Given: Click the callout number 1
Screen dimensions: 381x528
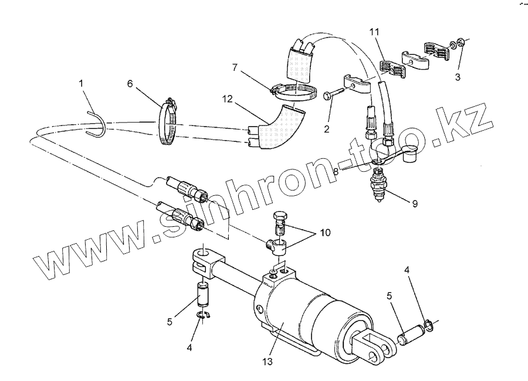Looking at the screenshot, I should pyautogui.click(x=82, y=84).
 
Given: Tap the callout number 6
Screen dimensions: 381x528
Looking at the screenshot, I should pyautogui.click(x=130, y=84).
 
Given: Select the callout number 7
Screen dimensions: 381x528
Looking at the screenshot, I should pyautogui.click(x=235, y=69).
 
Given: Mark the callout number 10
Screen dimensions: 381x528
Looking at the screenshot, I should pyautogui.click(x=324, y=233).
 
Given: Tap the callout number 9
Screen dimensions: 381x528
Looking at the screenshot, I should pyautogui.click(x=415, y=203).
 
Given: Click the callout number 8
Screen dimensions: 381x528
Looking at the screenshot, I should pyautogui.click(x=336, y=172).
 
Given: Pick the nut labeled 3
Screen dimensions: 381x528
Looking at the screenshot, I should pyautogui.click(x=461, y=43).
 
